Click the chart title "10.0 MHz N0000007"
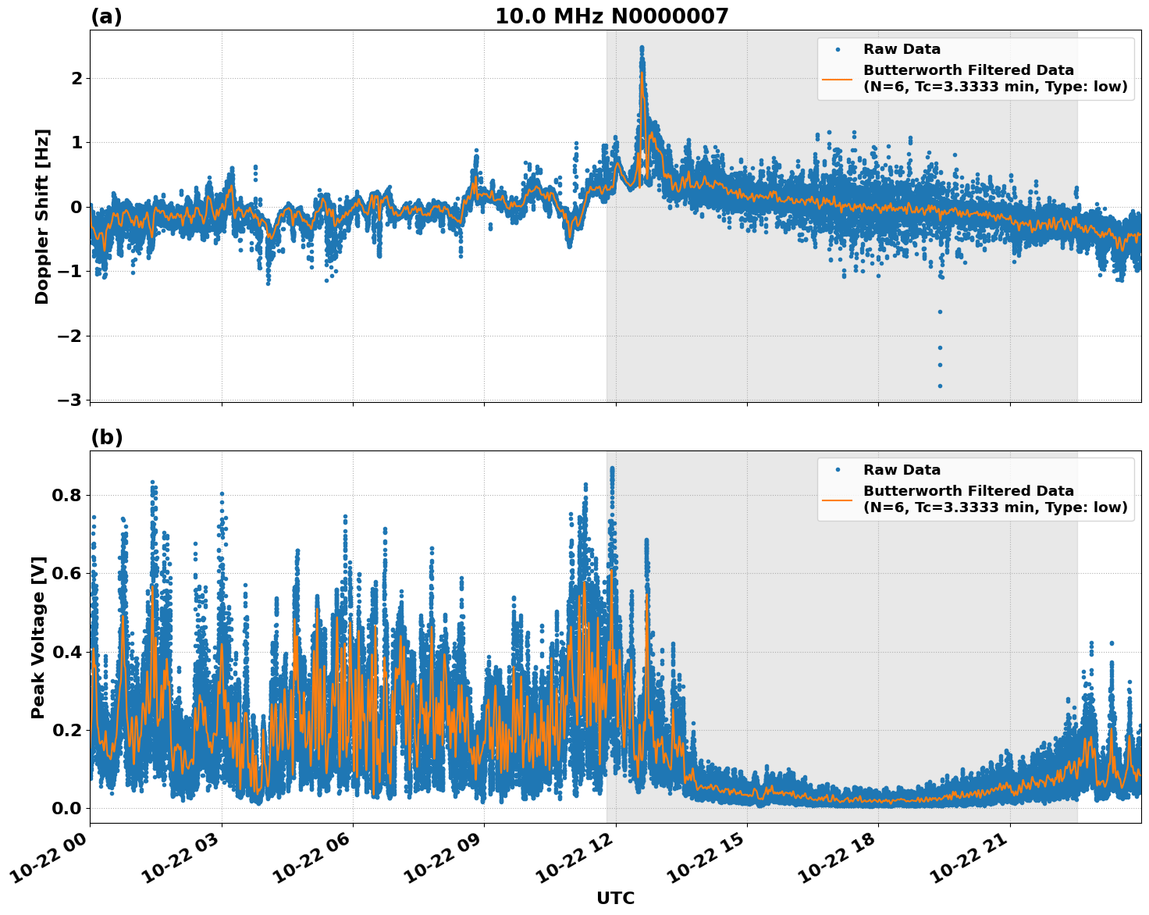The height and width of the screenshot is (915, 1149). pos(611,16)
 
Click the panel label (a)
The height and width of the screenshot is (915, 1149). pos(106,16)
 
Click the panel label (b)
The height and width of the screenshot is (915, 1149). pos(106,437)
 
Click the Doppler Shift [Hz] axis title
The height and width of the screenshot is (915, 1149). pos(42,216)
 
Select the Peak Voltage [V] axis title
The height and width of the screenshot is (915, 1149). pos(38,637)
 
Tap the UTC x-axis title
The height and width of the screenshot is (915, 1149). pos(615,898)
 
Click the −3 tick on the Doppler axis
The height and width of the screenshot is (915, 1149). pos(69,400)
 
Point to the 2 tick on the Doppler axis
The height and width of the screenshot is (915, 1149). pos(76,78)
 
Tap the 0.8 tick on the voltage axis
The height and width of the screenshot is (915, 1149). pos(67,495)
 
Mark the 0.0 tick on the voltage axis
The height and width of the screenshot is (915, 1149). pos(67,808)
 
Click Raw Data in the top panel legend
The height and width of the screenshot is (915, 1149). pos(902,49)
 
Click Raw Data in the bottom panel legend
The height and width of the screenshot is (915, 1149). pos(902,470)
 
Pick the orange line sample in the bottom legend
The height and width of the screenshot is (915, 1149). pos(838,500)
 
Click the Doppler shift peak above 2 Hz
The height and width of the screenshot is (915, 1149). pos(642,48)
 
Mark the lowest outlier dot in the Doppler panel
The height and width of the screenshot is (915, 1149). pos(940,386)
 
